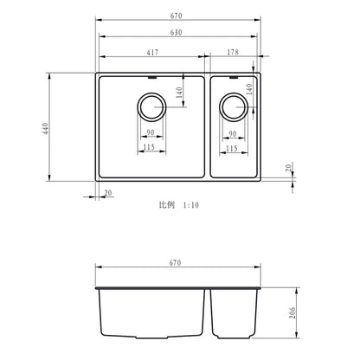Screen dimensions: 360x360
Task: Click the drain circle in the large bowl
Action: pos(151,108)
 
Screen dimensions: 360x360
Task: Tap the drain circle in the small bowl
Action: pos(233,108)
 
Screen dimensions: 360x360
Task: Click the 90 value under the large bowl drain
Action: pos(151,133)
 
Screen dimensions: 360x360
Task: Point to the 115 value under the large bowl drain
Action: pos(151,149)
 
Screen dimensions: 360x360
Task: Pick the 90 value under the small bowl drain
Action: pos(232,133)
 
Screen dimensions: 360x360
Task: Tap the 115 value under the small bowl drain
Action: pos(232,149)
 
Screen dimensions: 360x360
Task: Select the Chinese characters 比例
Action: pos(165,205)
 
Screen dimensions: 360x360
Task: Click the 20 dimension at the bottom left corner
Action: pos(108,195)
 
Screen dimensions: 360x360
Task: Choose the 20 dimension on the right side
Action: pos(289,169)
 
